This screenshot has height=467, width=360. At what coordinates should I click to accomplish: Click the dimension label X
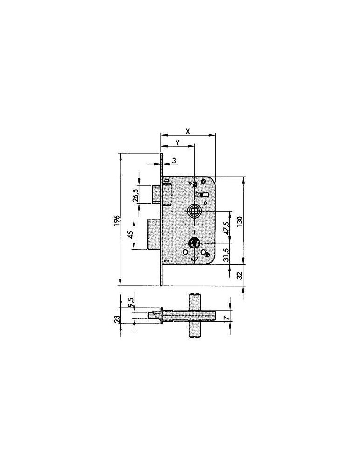pos(188,131)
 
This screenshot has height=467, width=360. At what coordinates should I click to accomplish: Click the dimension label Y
pos(177,142)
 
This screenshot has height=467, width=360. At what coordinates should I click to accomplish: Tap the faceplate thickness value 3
pos(174,161)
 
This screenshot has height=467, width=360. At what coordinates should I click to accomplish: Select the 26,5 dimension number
pos(135,195)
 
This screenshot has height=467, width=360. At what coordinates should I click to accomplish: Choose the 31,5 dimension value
pos(226,255)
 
